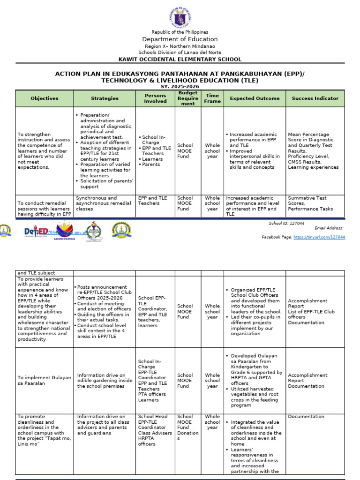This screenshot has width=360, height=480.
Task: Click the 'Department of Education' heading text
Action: [180, 39]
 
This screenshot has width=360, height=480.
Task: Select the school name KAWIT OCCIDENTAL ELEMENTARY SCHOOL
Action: [180, 60]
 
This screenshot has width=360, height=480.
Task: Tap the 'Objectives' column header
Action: [45, 98]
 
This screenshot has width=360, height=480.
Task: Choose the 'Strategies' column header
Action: [105, 98]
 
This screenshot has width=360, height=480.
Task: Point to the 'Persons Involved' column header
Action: [155, 98]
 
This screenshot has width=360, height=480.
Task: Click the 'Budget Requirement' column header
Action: [188, 98]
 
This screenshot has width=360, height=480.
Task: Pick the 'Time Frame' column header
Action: [212, 98]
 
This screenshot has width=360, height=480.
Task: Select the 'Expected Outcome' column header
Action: [255, 98]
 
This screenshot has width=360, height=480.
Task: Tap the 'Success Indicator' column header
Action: [315, 98]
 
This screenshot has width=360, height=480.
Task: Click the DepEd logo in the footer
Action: [36, 232]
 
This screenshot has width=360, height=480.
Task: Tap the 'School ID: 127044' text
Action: [286, 224]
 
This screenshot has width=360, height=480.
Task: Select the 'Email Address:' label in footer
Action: [329, 228]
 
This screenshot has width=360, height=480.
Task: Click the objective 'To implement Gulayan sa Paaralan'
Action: [45, 380]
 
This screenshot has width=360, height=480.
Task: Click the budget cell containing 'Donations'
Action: [188, 427]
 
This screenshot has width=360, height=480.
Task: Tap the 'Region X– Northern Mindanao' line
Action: [180, 46]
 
